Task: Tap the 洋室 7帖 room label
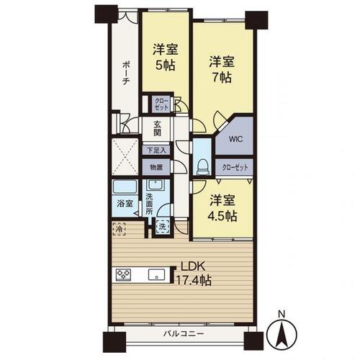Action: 220,68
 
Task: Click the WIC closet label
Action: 235,140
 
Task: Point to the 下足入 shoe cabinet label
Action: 156,151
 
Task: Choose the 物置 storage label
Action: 156,167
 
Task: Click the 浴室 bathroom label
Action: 123,203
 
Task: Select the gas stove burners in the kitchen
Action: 123,274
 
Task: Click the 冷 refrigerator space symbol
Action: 118,230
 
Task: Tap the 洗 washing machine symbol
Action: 163,226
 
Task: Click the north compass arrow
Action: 281,333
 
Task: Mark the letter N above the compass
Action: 282,314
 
